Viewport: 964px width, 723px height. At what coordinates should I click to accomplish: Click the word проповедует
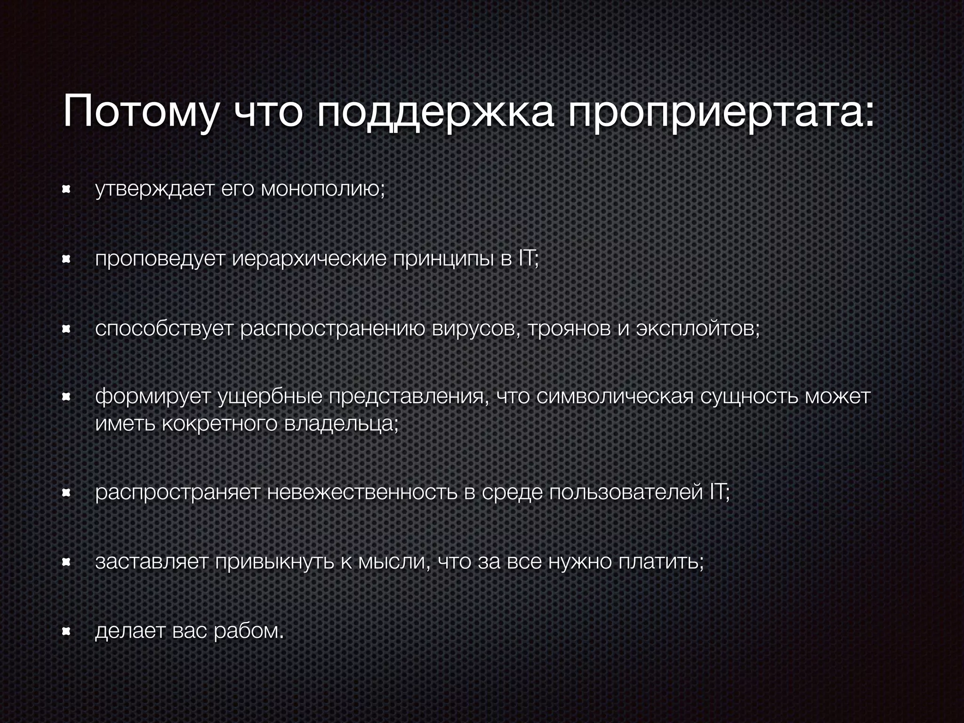click(160, 259)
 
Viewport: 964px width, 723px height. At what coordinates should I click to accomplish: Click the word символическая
click(614, 397)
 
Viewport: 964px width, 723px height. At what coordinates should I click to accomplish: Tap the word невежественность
click(362, 493)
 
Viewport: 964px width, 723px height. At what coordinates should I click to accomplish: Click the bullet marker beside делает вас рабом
click(66, 631)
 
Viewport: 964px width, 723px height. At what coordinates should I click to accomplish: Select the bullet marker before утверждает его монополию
click(66, 189)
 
